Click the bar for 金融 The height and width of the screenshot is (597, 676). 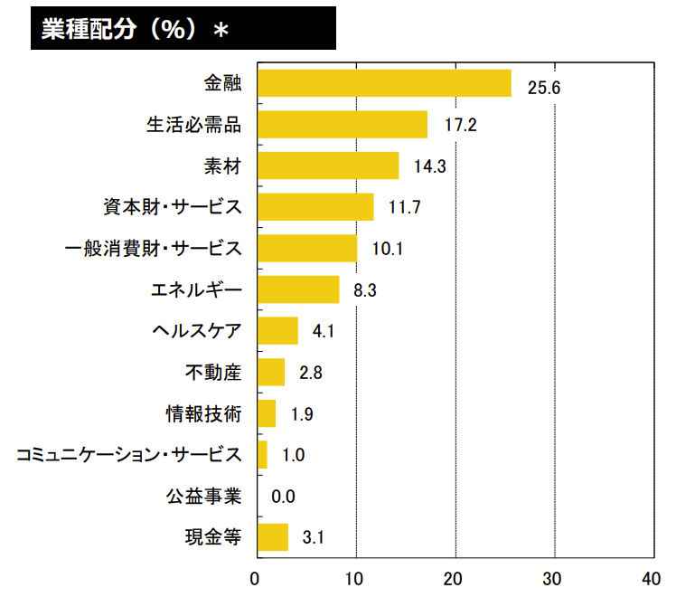click(384, 83)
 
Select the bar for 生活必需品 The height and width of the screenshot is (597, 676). click(343, 125)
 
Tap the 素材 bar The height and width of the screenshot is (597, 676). click(328, 166)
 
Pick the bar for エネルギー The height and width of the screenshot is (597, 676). click(298, 289)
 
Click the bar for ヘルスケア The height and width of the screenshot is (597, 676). click(277, 330)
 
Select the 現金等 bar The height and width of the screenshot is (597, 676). click(273, 536)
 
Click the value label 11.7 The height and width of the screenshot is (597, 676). click(404, 208)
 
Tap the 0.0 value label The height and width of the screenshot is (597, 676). click(283, 497)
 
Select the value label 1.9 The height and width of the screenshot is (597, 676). click(303, 414)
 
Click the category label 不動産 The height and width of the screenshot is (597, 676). click(213, 372)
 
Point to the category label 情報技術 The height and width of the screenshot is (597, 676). click(203, 413)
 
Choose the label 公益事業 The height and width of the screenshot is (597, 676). click(203, 496)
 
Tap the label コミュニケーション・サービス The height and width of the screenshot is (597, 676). click(129, 455)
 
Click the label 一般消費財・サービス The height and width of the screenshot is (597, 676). click(155, 248)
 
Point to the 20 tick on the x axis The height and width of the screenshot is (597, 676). click(455, 579)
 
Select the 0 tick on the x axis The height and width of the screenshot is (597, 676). click(257, 579)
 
